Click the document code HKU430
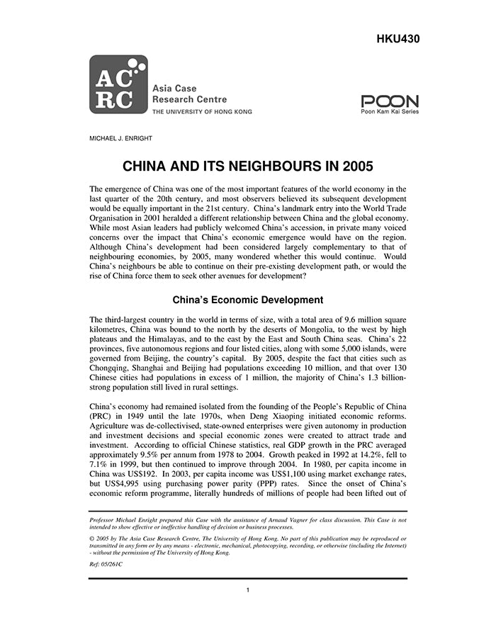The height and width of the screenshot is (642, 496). [399, 39]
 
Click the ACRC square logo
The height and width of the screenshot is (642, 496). [118, 85]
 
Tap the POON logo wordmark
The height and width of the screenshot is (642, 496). [390, 101]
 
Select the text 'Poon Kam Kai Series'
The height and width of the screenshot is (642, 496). [390, 111]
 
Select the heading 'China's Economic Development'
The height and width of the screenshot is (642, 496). [247, 300]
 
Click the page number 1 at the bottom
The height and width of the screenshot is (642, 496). [248, 590]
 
